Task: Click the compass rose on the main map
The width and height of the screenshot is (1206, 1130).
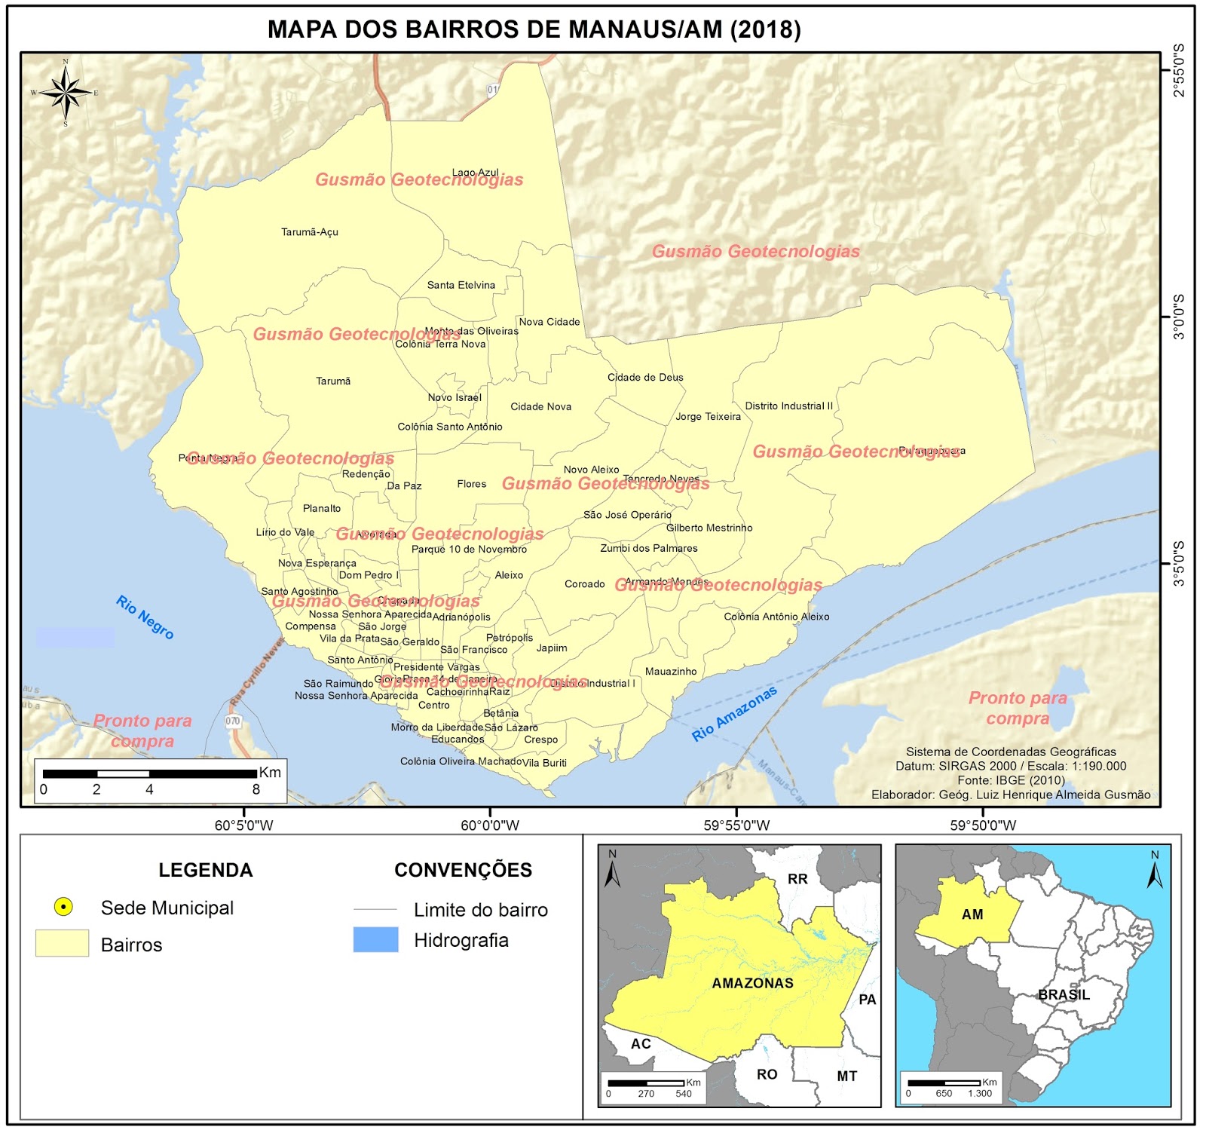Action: click(66, 93)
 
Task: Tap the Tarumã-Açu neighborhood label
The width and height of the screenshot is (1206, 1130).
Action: click(309, 232)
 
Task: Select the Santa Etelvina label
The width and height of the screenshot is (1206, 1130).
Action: click(461, 285)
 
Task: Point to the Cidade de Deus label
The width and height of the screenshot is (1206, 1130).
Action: click(645, 378)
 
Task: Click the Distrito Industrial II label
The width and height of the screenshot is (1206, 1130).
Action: click(788, 406)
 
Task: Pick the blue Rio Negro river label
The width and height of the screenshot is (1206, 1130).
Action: click(145, 617)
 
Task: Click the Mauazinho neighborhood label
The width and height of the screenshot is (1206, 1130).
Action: click(671, 672)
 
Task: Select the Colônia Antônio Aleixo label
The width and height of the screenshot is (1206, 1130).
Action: click(776, 617)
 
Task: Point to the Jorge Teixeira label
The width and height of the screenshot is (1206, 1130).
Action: click(708, 417)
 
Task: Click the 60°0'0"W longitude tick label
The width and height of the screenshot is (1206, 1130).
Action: click(490, 825)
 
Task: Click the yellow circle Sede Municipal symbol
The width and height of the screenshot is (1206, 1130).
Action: click(63, 907)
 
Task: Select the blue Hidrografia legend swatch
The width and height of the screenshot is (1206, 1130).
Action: click(375, 940)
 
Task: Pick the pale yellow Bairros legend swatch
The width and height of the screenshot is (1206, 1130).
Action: click(62, 944)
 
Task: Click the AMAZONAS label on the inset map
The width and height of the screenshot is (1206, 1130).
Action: click(752, 983)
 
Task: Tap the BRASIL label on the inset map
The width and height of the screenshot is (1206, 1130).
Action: click(1063, 995)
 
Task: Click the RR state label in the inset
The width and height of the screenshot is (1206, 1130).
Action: click(797, 879)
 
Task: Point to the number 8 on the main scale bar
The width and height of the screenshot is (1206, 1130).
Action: click(256, 790)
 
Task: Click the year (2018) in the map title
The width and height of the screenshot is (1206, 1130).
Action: click(765, 29)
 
